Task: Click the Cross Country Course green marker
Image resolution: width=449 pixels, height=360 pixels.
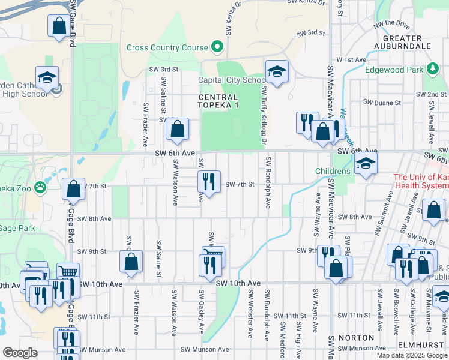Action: [217, 47]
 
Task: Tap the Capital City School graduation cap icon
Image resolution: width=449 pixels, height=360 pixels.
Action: [277, 71]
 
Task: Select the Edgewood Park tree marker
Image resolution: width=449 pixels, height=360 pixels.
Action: [432, 69]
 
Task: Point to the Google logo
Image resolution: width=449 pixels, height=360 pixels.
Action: [20, 352]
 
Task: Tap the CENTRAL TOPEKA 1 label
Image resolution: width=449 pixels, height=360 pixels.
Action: [218, 101]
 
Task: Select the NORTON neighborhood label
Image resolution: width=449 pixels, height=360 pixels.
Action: [357, 338]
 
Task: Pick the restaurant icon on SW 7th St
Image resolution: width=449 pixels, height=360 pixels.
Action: [209, 181]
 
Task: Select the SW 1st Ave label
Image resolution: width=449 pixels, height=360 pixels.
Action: [351, 60]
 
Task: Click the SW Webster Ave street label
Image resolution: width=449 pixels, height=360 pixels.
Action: [250, 309]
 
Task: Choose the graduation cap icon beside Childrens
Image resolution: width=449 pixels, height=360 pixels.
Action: [365, 163]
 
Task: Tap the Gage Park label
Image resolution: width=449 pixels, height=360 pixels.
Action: [17, 228]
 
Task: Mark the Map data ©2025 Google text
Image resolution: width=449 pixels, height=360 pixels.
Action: [411, 355]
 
